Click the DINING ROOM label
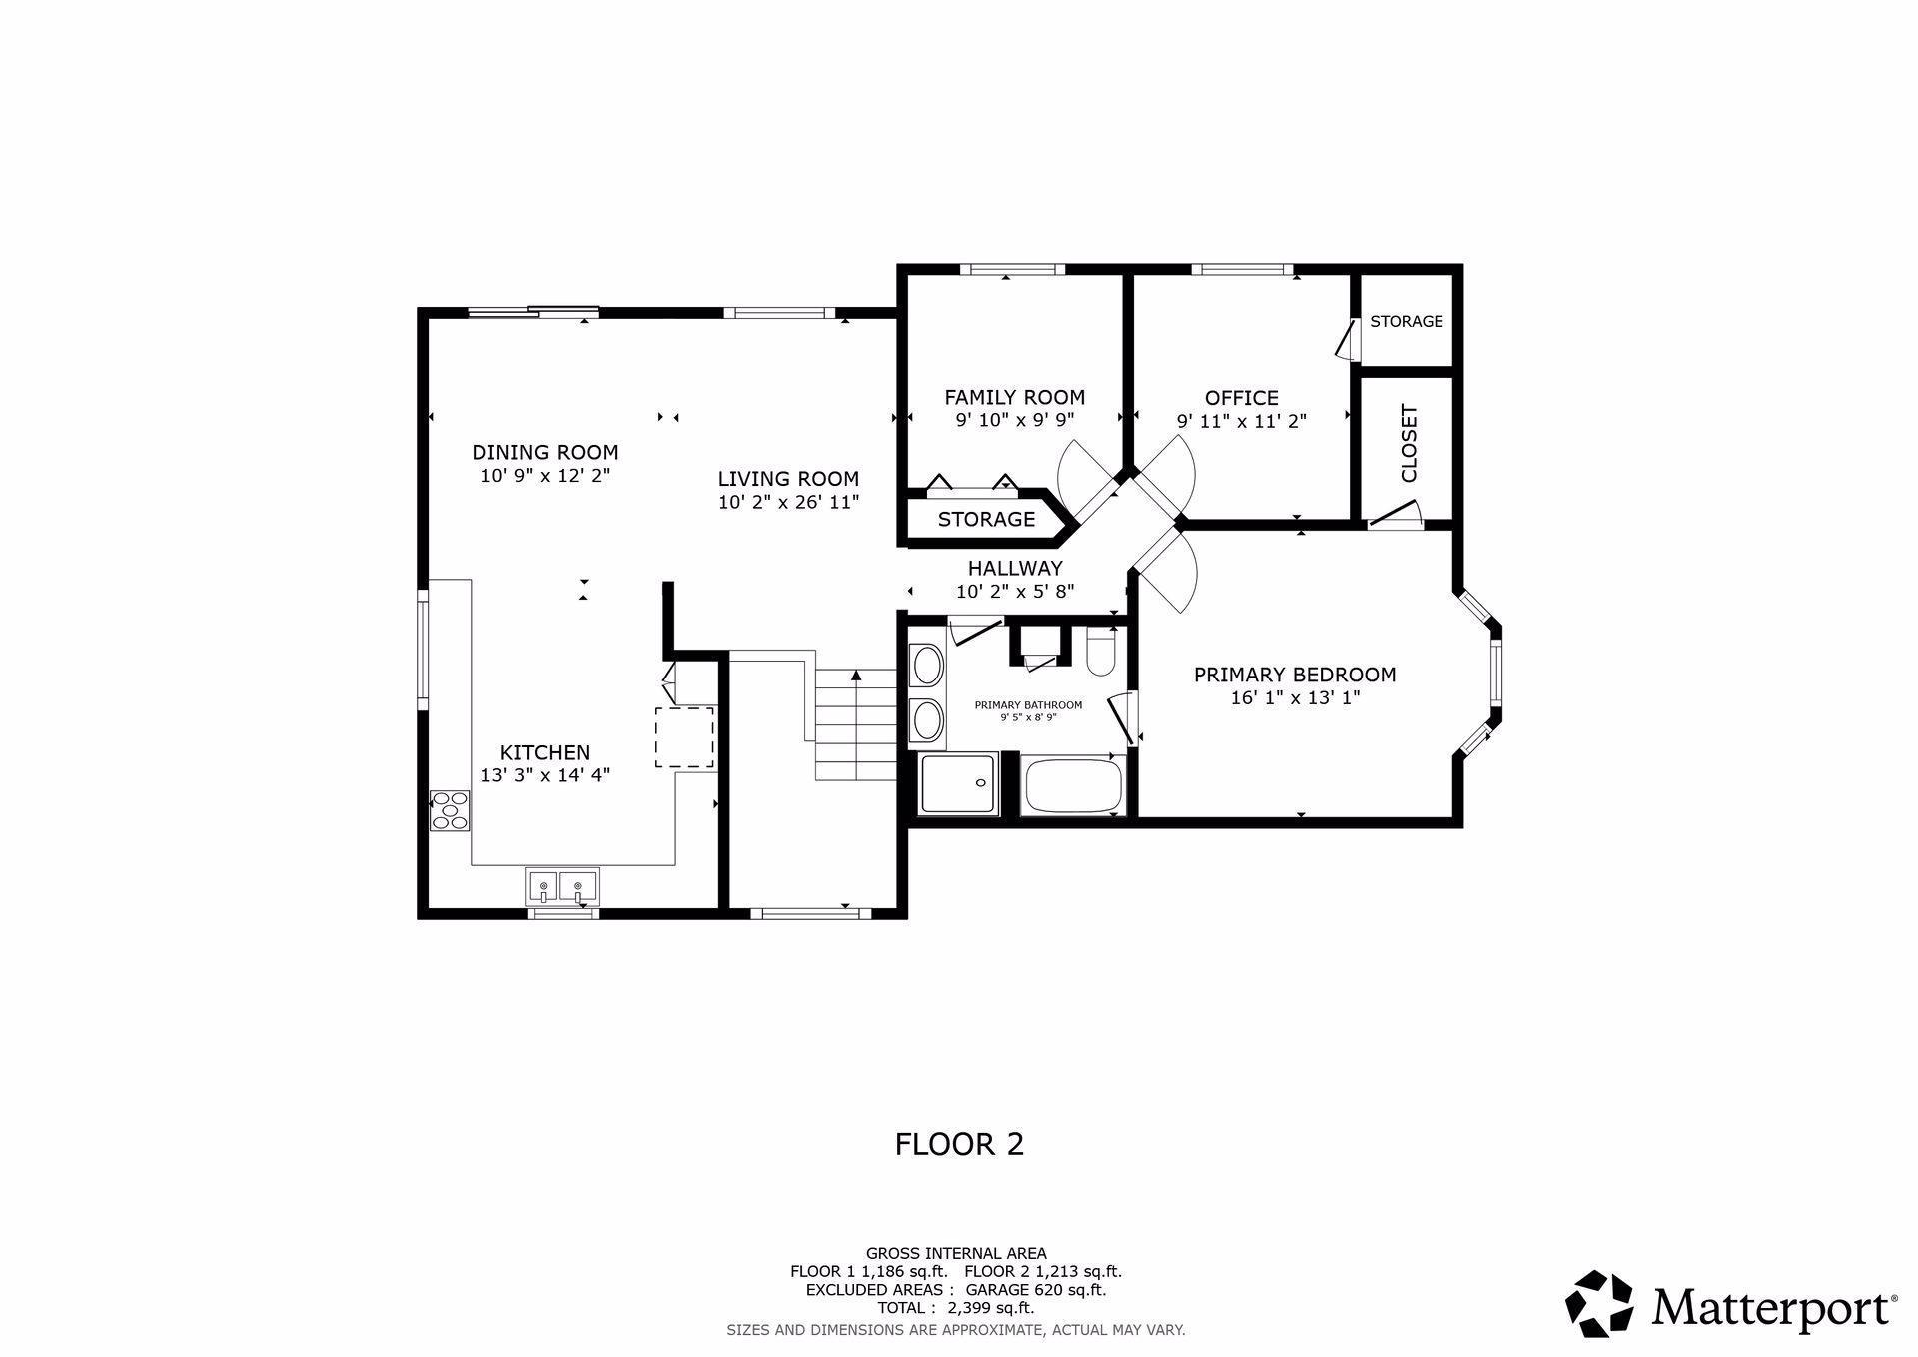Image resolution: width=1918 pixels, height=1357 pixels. click(x=545, y=452)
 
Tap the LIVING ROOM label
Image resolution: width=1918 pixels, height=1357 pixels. click(x=788, y=479)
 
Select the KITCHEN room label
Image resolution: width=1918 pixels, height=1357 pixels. click(x=545, y=752)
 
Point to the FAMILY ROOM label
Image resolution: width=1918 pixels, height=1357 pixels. click(x=1015, y=397)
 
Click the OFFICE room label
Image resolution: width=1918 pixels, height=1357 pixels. click(x=1242, y=398)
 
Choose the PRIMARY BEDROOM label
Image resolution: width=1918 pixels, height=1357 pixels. click(x=1295, y=675)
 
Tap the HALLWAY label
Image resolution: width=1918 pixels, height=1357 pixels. click(x=1015, y=568)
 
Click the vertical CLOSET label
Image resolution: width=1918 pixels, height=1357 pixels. click(x=1409, y=443)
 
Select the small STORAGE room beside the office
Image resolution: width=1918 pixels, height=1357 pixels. click(x=1407, y=321)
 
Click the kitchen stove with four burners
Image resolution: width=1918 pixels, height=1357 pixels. click(x=450, y=810)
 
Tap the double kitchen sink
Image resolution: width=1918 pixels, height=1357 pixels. click(x=562, y=886)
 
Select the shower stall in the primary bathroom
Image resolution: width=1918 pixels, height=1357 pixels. click(x=958, y=783)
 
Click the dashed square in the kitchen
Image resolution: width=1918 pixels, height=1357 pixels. click(x=684, y=737)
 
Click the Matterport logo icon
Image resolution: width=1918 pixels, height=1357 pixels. click(x=1599, y=1303)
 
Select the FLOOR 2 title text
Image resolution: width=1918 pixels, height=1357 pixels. click(x=959, y=1144)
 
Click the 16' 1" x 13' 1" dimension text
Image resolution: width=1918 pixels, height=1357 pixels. click(x=1295, y=697)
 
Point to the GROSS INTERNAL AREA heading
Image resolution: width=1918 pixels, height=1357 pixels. click(x=956, y=1253)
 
